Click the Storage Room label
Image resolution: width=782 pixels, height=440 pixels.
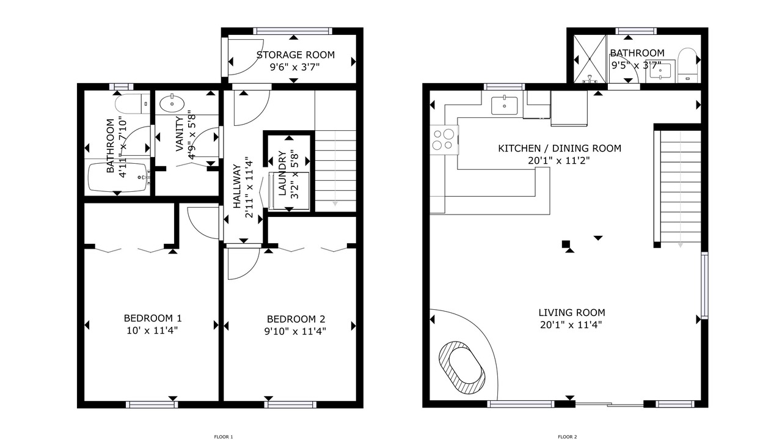click(x=295, y=55)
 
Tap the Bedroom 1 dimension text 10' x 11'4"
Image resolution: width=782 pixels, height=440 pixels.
click(x=152, y=331)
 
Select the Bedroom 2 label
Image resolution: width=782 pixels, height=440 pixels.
click(x=296, y=319)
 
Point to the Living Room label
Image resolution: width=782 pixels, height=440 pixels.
click(x=571, y=312)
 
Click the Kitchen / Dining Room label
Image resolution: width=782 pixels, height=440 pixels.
click(x=560, y=148)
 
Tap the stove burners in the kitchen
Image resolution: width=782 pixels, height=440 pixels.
click(x=444, y=140)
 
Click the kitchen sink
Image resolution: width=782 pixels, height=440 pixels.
click(x=505, y=106)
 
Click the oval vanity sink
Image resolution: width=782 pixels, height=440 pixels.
click(x=172, y=103)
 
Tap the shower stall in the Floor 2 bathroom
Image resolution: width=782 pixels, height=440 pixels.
click(x=590, y=58)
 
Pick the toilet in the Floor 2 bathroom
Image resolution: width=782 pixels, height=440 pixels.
click(x=688, y=65)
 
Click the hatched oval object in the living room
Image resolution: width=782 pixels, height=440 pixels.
click(x=462, y=368)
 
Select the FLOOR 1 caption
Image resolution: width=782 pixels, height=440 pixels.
click(x=224, y=436)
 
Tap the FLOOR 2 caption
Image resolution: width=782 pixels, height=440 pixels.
click(x=568, y=436)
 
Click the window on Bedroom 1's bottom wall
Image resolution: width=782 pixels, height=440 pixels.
click(x=152, y=405)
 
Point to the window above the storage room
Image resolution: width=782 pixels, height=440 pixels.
click(x=293, y=31)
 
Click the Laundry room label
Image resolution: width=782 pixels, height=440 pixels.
click(x=282, y=173)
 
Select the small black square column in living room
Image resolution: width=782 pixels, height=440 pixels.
click(x=566, y=244)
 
